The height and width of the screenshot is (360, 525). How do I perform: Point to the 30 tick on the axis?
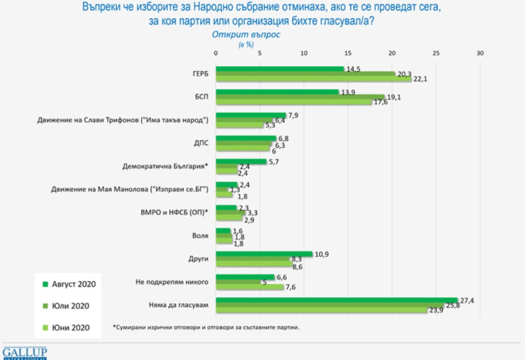pyautogui.click(x=480, y=54)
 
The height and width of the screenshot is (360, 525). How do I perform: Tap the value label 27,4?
pyautogui.click(x=468, y=300)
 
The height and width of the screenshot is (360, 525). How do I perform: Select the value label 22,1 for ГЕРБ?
pyautogui.click(x=420, y=79)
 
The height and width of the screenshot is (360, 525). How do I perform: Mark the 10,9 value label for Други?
pyautogui.click(x=321, y=253)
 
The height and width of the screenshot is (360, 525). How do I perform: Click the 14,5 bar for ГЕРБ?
pyautogui.click(x=280, y=68)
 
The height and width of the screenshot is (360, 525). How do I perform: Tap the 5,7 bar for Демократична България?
pyautogui.click(x=241, y=161)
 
